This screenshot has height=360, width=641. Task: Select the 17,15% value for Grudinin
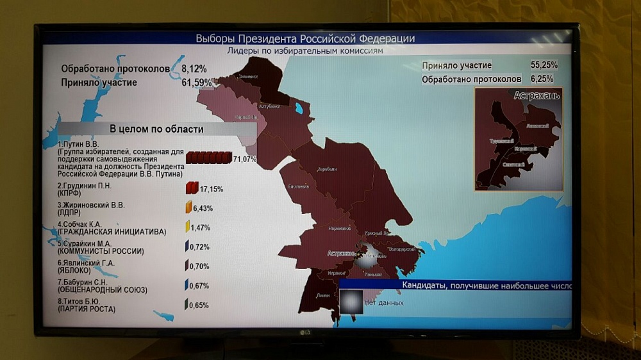pos(211,190)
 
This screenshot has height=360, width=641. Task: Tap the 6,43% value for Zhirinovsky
pos(203,208)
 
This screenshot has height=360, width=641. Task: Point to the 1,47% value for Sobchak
pos(200,227)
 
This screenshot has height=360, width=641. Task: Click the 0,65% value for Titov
pos(199,306)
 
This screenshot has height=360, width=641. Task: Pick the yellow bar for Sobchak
pos(188,227)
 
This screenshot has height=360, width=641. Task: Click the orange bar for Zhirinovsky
pos(188,208)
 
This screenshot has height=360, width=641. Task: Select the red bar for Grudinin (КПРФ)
pos(191,189)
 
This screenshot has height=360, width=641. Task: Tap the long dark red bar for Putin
pos(209,158)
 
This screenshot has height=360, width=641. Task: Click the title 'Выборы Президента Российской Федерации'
pos(305,38)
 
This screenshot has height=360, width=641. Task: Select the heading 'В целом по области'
pos(156,129)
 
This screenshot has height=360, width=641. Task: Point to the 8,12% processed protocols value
pos(194,68)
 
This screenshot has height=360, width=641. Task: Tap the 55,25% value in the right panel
pos(544,65)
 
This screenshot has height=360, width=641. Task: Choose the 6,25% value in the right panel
pos(544,79)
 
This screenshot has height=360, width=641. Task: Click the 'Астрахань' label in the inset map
pos(537,95)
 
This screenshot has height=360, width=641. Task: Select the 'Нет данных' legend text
pos(384,302)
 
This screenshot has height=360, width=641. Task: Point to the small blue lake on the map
pos(298,108)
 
